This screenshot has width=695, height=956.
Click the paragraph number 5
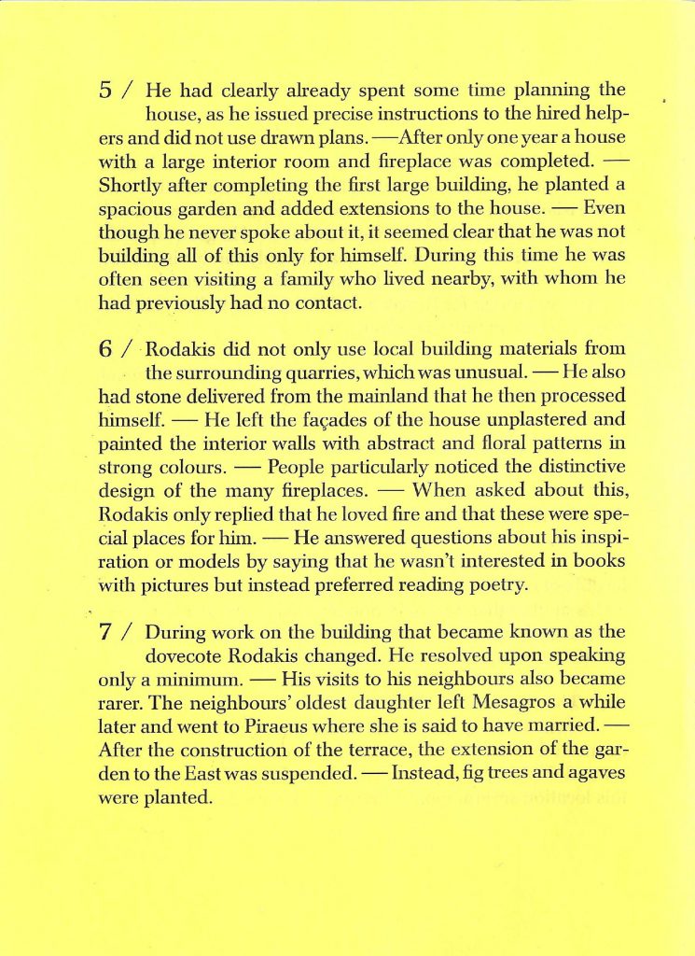[105, 91]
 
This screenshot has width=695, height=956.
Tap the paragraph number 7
[106, 631]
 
